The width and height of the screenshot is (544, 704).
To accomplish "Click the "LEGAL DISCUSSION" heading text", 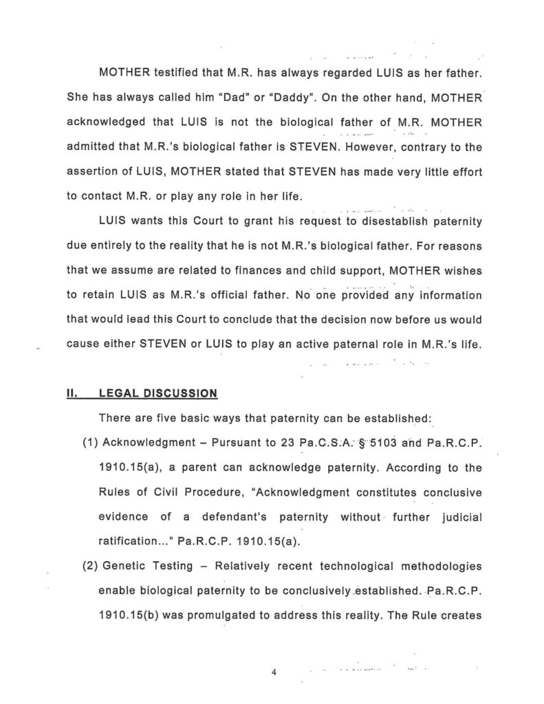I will (x=158, y=393).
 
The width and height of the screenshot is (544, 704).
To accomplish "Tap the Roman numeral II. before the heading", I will (x=72, y=393).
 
